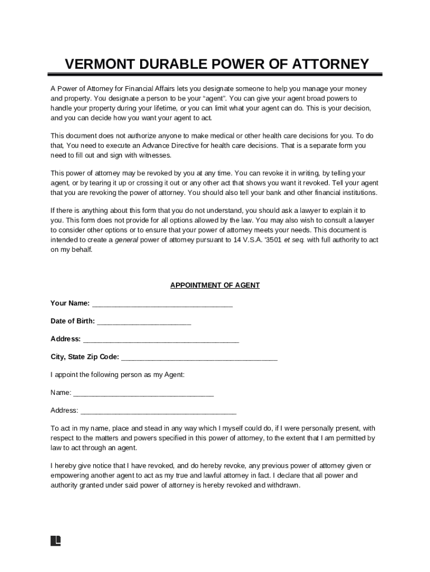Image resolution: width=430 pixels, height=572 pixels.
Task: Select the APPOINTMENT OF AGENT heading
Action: pos(215,285)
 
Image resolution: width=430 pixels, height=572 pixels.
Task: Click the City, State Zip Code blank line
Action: pos(199,357)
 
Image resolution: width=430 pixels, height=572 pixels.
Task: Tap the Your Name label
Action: pos(70,303)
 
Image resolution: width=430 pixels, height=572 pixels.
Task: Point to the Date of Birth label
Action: pos(73,321)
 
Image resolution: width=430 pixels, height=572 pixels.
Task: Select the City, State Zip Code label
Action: pos(84,357)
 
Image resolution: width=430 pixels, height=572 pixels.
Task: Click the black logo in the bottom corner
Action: pos(55,541)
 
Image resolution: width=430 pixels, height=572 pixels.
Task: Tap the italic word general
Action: pos(126,240)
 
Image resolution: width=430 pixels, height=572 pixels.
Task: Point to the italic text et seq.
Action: pos(294,240)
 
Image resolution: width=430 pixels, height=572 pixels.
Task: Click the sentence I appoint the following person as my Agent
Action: pos(117,375)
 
